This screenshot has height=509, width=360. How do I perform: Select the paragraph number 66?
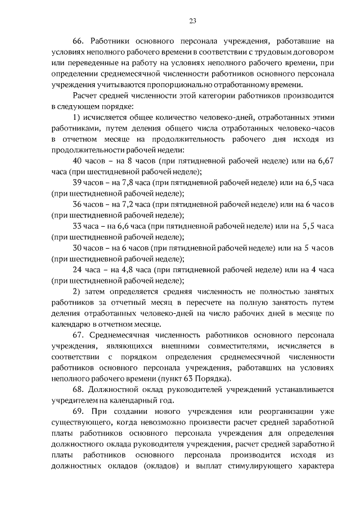79,41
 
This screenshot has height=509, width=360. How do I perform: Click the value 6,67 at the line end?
326,161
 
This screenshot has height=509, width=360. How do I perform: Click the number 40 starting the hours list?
79,161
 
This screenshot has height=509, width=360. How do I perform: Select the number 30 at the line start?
79,249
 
